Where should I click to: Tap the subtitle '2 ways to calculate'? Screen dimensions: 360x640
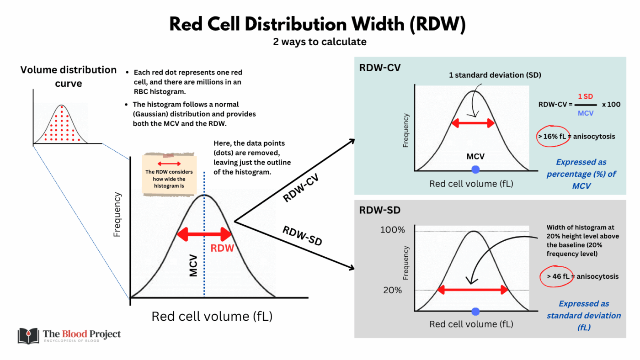(x=320, y=42)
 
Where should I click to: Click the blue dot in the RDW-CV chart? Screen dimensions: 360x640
(x=475, y=169)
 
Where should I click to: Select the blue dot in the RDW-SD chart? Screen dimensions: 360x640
(x=475, y=312)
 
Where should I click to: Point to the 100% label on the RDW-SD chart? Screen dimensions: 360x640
(x=393, y=230)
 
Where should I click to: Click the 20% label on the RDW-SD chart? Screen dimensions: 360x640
(x=393, y=290)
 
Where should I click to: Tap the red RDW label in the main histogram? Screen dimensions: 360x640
(x=222, y=249)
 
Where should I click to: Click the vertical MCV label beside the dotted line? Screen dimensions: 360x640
(x=193, y=265)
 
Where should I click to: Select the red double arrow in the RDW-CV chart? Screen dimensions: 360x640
(x=473, y=123)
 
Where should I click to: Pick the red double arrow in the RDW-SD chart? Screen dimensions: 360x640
(x=473, y=290)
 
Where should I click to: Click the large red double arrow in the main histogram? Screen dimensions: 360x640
(x=205, y=235)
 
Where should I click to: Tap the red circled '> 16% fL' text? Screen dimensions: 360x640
(x=553, y=136)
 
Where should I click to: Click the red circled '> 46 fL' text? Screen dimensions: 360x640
(x=556, y=276)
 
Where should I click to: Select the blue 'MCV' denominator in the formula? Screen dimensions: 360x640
(x=586, y=113)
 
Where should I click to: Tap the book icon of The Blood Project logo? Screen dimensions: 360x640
(x=28, y=336)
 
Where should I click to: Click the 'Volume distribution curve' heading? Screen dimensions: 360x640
(x=69, y=76)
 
